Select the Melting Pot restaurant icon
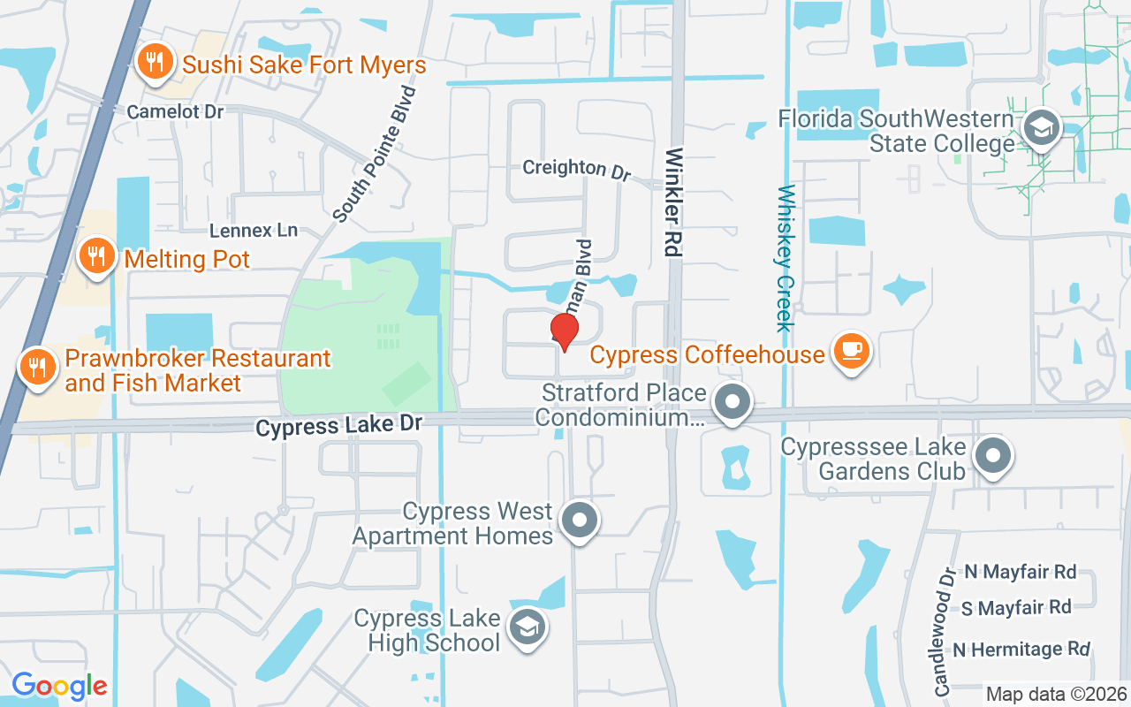96,256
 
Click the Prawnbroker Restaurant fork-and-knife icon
37,366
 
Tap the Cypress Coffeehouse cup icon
852,350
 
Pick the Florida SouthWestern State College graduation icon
1041,128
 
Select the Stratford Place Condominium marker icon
732,403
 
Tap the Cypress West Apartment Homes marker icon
581,520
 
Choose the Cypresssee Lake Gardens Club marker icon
992,456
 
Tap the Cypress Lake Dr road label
339,426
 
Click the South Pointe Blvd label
375,153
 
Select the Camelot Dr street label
175,112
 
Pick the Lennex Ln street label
254,231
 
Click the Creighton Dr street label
576,169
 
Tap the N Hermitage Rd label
1021,650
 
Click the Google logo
59,685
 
